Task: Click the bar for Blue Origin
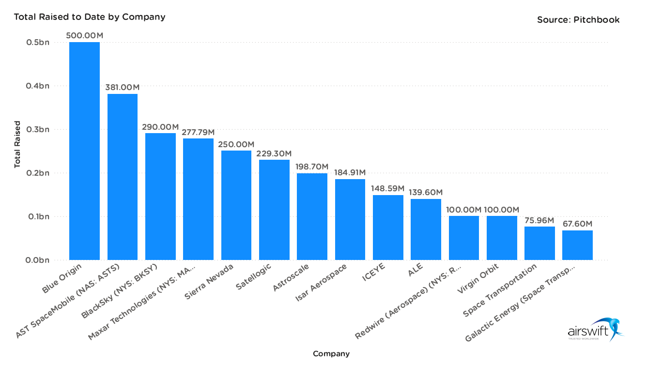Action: (x=84, y=151)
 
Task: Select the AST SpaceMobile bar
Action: (x=122, y=177)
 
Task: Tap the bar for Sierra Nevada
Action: (x=236, y=205)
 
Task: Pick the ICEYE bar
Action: (x=388, y=228)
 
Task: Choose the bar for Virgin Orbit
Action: (x=502, y=238)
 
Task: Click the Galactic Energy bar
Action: (x=577, y=245)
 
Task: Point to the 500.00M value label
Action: (x=85, y=36)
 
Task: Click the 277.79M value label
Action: (x=198, y=132)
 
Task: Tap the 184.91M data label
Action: (x=350, y=172)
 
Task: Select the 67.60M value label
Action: (x=577, y=224)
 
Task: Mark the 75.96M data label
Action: (x=539, y=220)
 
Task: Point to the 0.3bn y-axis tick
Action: (x=37, y=130)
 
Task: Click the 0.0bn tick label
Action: (x=37, y=260)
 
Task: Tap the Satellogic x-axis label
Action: (x=254, y=276)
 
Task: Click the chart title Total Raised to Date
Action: (x=90, y=17)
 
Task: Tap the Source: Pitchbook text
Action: (x=578, y=20)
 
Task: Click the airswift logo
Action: (x=595, y=330)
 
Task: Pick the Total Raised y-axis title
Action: (x=17, y=144)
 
